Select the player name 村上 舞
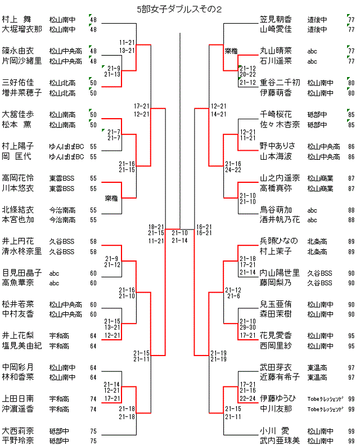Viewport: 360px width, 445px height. pyautogui.click(x=17, y=19)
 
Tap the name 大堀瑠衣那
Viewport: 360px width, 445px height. pyautogui.click(x=21, y=29)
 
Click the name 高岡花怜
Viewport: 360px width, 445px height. pyautogui.click(x=17, y=178)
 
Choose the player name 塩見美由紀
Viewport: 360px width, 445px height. pyautogui.click(x=21, y=345)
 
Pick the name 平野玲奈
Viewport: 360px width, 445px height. pyautogui.click(x=17, y=440)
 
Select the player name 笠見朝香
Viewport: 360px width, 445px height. pyautogui.click(x=276, y=19)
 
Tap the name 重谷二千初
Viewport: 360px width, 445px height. pyautogui.click(x=280, y=82)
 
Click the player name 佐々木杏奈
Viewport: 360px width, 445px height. pyautogui.click(x=280, y=124)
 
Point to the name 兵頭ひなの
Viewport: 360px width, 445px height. pyautogui.click(x=279, y=241)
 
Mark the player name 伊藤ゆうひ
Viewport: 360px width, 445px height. pyautogui.click(x=279, y=398)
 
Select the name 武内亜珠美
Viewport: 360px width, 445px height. pyautogui.click(x=280, y=440)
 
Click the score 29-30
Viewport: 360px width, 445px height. pyautogui.click(x=233, y=326)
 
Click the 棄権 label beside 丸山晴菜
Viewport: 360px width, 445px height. pyautogui.click(x=231, y=51)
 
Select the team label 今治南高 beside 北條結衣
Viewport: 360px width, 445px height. pyautogui.click(x=62, y=209)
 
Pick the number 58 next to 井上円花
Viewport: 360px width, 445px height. pyautogui.click(x=93, y=241)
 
